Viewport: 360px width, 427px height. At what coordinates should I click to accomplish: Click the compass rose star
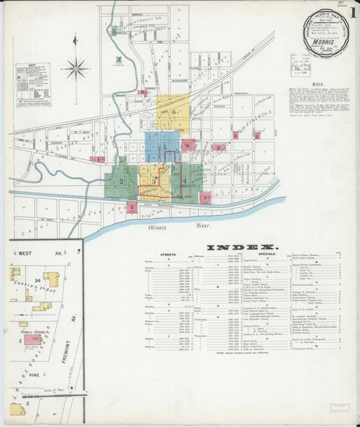73,70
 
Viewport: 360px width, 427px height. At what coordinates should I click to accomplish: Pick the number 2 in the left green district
122,181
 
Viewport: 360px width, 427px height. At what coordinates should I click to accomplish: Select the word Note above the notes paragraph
316,84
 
